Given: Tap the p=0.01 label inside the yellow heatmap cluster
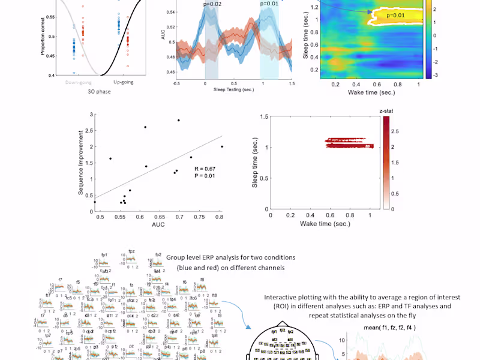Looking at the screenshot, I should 397,14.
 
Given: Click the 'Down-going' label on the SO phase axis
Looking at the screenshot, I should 79,82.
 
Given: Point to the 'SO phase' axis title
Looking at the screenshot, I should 100,92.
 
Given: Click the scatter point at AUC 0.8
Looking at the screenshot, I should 222,146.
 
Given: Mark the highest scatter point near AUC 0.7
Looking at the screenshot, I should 178,120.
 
